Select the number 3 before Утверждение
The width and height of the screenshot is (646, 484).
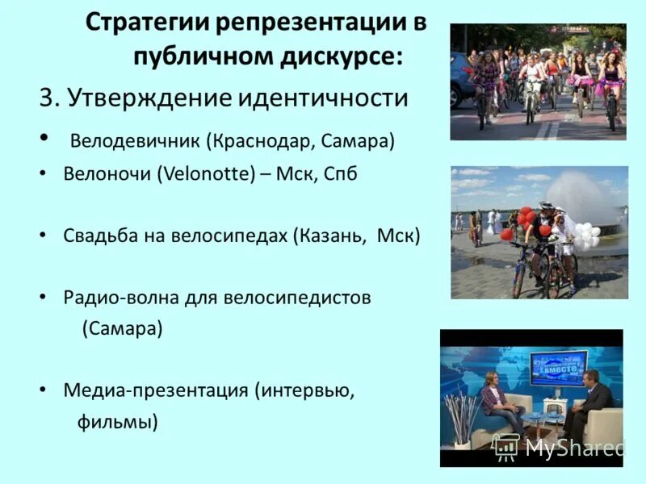[46, 98]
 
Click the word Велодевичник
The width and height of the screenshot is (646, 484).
[135, 142]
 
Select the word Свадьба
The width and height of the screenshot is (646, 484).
[96, 236]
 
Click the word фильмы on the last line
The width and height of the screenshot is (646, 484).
[116, 420]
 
